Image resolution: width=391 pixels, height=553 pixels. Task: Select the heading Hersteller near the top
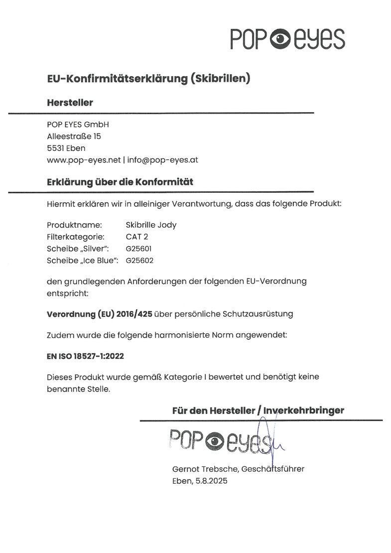click(x=70, y=103)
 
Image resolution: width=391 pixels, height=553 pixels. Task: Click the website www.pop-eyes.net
click(x=84, y=160)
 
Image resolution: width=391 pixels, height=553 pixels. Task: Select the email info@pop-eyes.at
click(x=163, y=160)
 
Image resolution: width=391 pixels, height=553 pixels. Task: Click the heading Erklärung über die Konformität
click(x=120, y=182)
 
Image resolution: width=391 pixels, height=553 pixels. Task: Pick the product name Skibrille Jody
click(x=151, y=225)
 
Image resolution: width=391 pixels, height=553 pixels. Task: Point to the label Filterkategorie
click(x=75, y=236)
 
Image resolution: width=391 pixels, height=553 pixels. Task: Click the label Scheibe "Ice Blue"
click(x=82, y=260)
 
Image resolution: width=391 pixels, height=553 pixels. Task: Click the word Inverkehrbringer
click(x=304, y=411)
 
